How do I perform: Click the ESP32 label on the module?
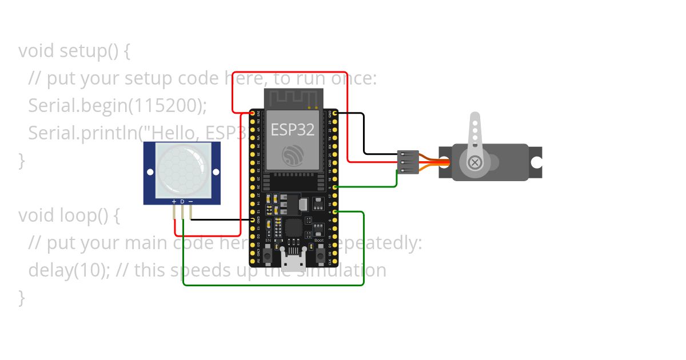[293, 129]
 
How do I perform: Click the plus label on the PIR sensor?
[174, 202]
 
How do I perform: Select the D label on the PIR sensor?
[182, 202]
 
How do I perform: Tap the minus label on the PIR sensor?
[190, 202]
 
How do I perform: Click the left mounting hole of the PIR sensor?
[150, 171]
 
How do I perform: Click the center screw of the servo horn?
[474, 163]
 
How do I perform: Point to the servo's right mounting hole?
[536, 162]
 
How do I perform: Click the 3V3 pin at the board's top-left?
[253, 113]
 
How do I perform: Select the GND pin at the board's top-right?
[334, 113]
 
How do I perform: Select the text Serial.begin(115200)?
[117, 106]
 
